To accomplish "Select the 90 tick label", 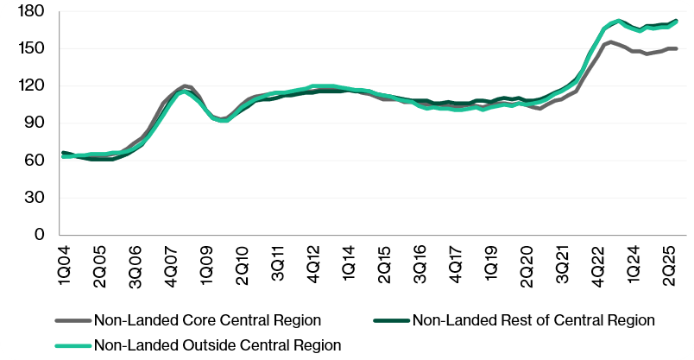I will pos(34,123).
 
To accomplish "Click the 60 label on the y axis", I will pos(34,160).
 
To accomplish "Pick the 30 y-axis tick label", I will pos(34,197).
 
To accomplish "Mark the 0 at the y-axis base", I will pos(38,234).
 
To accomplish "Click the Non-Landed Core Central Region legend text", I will pos(207,320).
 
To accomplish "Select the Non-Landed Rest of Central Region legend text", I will pos(533,320).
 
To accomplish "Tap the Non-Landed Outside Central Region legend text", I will pos(217,344).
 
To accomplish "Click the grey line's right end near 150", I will pos(677,48).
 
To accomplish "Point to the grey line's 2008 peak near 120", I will pos(185,85).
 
